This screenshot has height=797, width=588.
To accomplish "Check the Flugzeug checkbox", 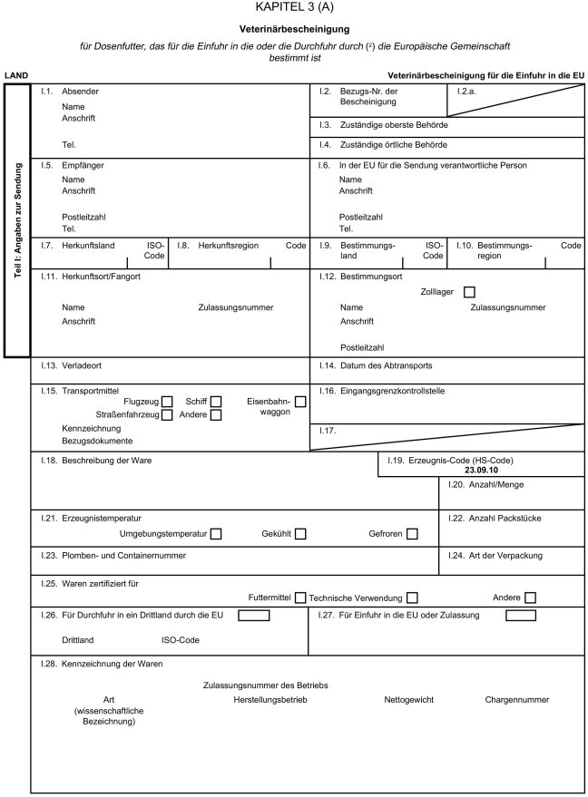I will pos(167,402).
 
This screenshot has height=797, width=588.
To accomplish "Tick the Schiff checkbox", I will pos(216,402).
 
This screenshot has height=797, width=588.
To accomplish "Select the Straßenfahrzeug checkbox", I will pos(167,415).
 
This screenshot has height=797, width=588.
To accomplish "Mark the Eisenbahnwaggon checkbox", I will pos(300,402).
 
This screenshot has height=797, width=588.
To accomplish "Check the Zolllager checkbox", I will pos(468,292).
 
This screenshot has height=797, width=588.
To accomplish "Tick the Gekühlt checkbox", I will pos(300,534).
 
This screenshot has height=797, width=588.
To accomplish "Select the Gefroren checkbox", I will pos(412,534).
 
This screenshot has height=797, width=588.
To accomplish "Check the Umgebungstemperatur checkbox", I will pos(215,534).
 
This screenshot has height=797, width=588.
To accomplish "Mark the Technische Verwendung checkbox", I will pos(412,598).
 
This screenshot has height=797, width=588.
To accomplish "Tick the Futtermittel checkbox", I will pos(299,598).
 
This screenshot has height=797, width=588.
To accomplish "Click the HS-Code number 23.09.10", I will pos(481,471).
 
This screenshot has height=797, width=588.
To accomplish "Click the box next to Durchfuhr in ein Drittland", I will pos(254,616).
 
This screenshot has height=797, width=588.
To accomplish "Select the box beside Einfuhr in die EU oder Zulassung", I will pos(520,616).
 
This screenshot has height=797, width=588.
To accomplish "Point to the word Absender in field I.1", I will pos(81,92).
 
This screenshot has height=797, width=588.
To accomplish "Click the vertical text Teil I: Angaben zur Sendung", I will pos(18,219).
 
